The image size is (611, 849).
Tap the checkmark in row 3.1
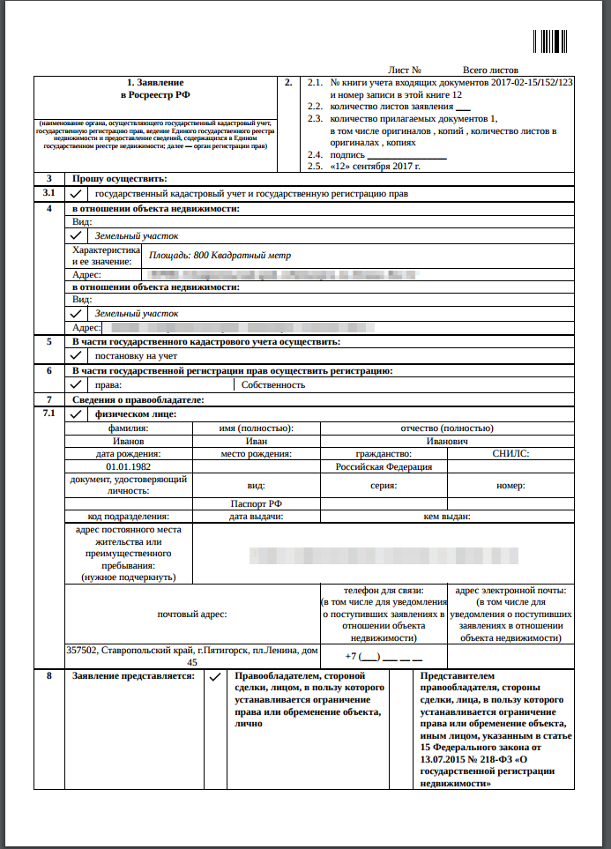coord(77,192)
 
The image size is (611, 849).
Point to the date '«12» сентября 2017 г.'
coord(374,166)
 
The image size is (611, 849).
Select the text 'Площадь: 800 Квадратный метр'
coord(220,256)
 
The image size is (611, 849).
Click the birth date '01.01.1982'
coord(129,467)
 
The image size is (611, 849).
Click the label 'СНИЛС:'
coord(510,454)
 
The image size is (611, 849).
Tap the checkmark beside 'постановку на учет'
coord(77,355)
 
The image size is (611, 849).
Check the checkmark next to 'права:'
coord(77,384)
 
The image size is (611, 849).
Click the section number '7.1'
coord(49,413)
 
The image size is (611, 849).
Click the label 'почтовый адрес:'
coord(192,614)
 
